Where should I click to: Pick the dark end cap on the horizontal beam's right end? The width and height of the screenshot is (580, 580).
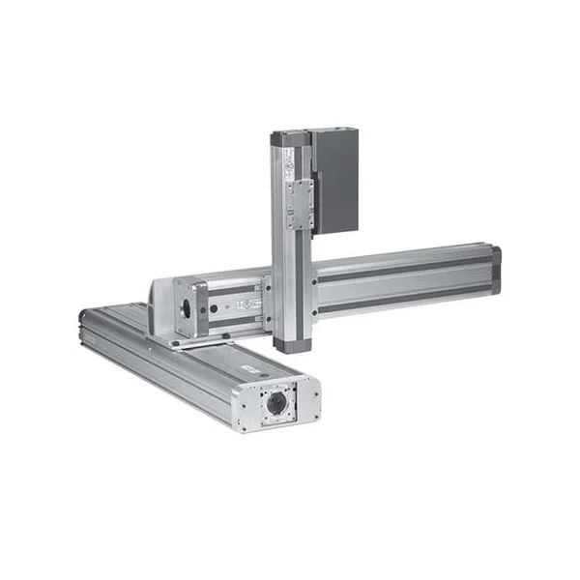tap(496, 270)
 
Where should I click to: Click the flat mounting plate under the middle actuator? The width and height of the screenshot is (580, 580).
tap(193, 340)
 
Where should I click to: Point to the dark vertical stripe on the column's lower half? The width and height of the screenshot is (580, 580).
tap(282, 290)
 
